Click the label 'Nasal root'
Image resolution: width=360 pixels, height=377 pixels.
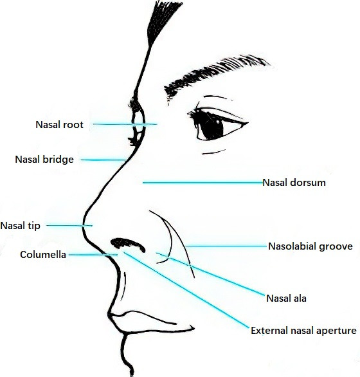59,125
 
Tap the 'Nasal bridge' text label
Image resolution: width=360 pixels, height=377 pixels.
44,160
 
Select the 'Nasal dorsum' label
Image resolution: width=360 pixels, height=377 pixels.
294,183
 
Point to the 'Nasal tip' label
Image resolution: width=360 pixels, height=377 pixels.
20,226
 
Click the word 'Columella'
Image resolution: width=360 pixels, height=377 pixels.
43,255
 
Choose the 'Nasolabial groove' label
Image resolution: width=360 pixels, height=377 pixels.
310,246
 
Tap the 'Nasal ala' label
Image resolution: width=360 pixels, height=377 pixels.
286,299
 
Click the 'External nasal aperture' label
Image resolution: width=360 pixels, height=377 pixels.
303,331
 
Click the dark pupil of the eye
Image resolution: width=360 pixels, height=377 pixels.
212,125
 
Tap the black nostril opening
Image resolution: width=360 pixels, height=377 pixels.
128,244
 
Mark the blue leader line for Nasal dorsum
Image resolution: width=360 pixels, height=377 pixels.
203,183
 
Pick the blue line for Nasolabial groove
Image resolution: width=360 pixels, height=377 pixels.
226,246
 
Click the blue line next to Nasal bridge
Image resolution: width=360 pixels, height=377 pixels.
104,160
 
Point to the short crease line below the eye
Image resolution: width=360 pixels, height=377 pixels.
214,152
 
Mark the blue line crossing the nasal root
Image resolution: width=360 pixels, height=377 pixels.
125,124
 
